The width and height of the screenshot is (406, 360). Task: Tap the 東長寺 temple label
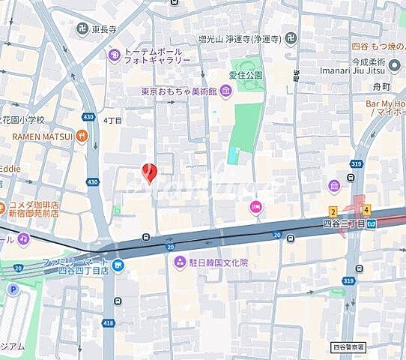103,29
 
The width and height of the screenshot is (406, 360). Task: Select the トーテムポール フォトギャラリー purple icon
115,54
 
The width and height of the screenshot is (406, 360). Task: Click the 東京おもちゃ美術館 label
178,91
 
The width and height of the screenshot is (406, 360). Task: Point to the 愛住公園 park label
246,76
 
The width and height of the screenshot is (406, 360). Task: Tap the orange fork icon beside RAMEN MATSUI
82,136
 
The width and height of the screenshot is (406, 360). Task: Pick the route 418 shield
109,323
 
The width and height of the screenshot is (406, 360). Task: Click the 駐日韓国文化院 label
211,262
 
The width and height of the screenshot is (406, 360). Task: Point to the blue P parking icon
12,289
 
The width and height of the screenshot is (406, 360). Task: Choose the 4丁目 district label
112,120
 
